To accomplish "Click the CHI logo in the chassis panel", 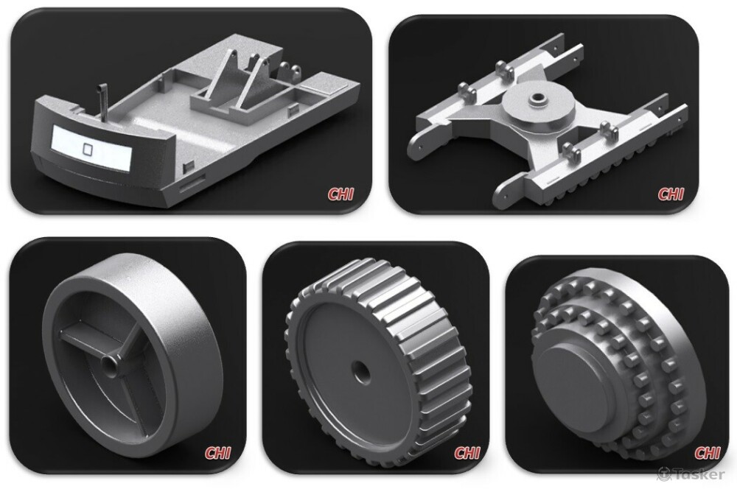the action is [x=340, y=194].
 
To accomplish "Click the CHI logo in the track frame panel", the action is [x=670, y=194].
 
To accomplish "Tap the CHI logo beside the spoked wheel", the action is [x=217, y=453].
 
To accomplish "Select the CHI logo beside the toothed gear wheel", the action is [x=467, y=453].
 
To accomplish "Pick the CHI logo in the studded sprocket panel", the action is [x=707, y=453].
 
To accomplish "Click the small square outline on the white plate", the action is [x=88, y=149].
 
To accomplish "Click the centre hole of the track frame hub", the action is [x=536, y=99].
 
